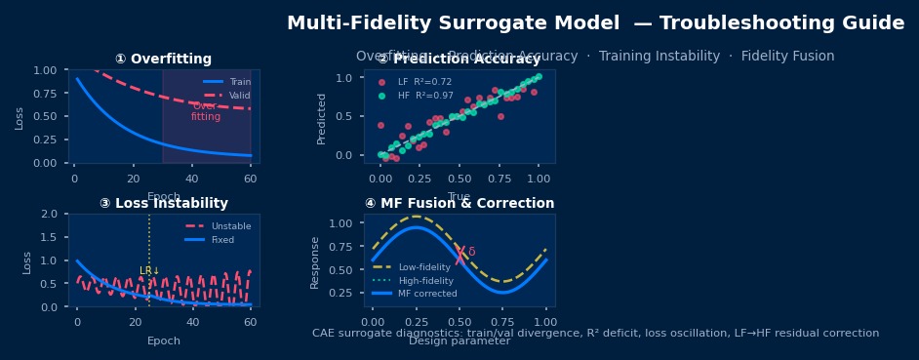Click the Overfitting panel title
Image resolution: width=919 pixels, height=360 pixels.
[163, 60]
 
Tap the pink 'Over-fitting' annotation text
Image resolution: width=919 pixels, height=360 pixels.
[206, 111]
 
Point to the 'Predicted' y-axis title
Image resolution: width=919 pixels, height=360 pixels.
[322, 118]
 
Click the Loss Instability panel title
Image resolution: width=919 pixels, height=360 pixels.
[163, 204]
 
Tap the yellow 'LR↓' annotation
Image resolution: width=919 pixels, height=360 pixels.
[149, 271]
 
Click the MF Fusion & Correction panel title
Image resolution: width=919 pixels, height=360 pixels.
[459, 204]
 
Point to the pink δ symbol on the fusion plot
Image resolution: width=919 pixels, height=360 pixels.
[471, 252]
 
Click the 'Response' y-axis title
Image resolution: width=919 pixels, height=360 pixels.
[315, 261]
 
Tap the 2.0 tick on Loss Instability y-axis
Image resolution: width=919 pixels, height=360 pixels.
[49, 214]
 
